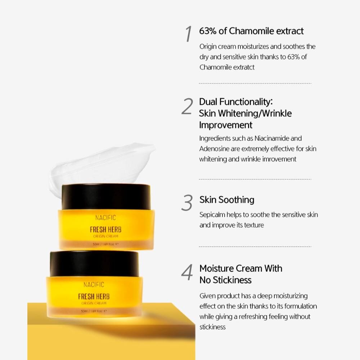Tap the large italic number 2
pyautogui.click(x=187, y=107)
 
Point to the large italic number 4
pyautogui.click(x=187, y=273)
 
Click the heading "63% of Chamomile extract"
pyautogui.click(x=251, y=31)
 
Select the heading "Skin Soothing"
pyautogui.click(x=227, y=200)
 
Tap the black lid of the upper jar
pyautogui.click(x=106, y=197)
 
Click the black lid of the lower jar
pyautogui.click(x=94, y=264)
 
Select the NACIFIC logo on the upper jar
pyautogui.click(x=105, y=217)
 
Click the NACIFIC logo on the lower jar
pyautogui.click(x=94, y=284)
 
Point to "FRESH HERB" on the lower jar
pyautogui.click(x=94, y=296)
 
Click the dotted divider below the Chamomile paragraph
pyautogui.click(x=255, y=84)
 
